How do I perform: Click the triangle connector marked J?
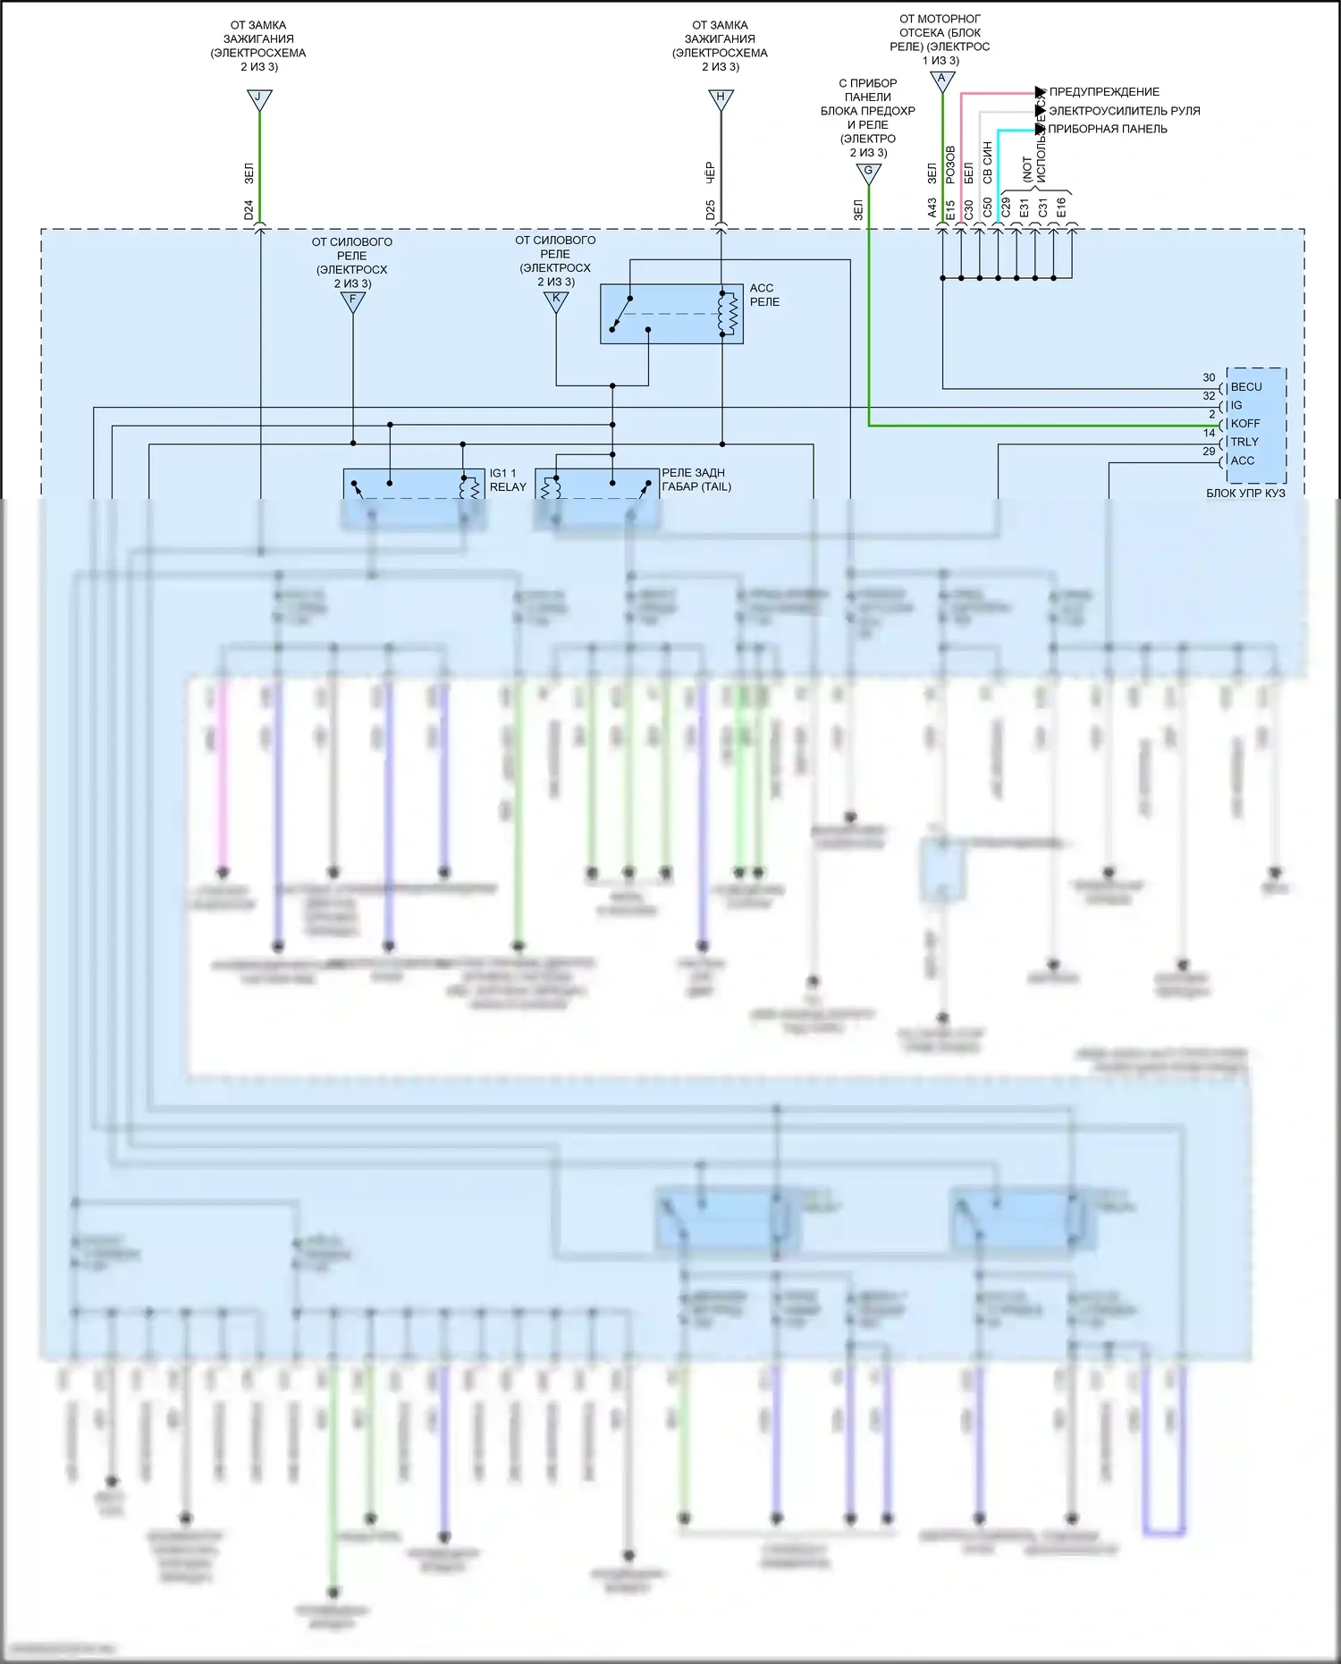pyautogui.click(x=259, y=98)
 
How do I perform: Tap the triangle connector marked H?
pyautogui.click(x=721, y=98)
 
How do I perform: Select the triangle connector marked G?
pyautogui.click(x=868, y=173)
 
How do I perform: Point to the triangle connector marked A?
pyautogui.click(x=941, y=80)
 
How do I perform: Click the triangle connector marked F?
pyautogui.click(x=353, y=301)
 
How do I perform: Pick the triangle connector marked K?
pyautogui.click(x=556, y=300)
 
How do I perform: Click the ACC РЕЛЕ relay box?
pyautogui.click(x=671, y=314)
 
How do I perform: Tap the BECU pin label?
pyautogui.click(x=1246, y=387)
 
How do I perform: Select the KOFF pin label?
pyautogui.click(x=1245, y=424)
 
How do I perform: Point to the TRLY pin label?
pyautogui.click(x=1244, y=442)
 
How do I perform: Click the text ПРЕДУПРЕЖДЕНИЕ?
pyautogui.click(x=1104, y=92)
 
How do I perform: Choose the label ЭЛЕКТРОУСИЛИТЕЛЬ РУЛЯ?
pyautogui.click(x=1124, y=111)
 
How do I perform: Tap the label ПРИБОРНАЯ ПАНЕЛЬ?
pyautogui.click(x=1108, y=129)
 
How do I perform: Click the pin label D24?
pyautogui.click(x=249, y=210)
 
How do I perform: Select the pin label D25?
pyautogui.click(x=710, y=210)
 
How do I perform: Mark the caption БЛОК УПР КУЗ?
pyautogui.click(x=1245, y=493)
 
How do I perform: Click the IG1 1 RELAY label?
pyautogui.click(x=508, y=480)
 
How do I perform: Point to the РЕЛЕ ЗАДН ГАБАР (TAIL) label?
pyautogui.click(x=696, y=480)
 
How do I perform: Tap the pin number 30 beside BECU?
pyautogui.click(x=1209, y=377)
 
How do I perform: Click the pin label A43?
pyautogui.click(x=932, y=208)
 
